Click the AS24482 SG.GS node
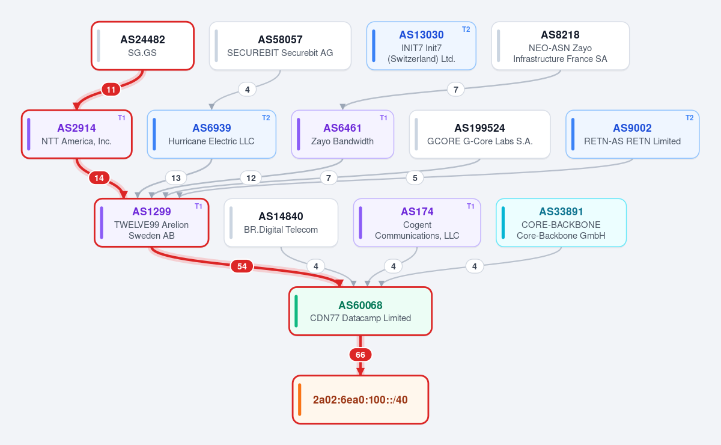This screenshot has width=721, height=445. (142, 46)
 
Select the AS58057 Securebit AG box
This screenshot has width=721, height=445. (280, 46)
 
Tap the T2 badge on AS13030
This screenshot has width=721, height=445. (466, 29)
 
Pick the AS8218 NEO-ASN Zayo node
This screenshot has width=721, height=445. (560, 46)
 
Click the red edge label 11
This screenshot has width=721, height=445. (111, 90)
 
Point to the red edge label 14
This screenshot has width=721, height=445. (99, 178)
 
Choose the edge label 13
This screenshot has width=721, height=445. (175, 178)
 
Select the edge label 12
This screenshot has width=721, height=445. (251, 178)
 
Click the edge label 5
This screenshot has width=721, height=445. (415, 178)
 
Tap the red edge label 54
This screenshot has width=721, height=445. (242, 266)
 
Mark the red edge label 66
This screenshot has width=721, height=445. (360, 355)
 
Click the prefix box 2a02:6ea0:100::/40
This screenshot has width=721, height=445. (360, 399)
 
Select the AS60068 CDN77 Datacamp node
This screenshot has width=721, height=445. (360, 311)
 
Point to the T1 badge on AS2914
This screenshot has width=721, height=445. (121, 118)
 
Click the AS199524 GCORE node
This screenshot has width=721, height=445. (479, 134)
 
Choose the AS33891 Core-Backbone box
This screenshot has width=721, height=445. (561, 222)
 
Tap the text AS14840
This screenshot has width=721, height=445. (281, 216)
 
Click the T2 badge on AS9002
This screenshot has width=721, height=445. (690, 118)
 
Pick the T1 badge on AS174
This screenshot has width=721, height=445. (470, 206)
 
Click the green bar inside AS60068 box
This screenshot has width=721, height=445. (296, 311)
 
